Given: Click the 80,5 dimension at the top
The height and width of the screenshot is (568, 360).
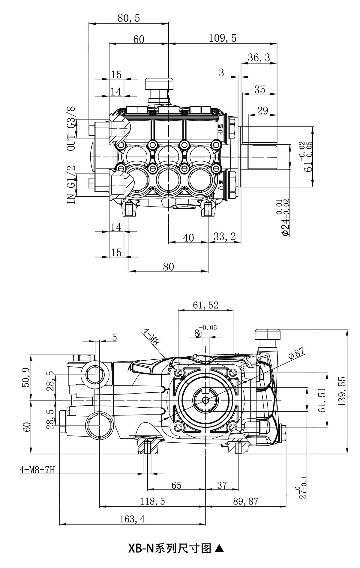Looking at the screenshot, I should point(129,19).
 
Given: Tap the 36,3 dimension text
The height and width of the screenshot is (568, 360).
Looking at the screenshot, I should point(259,58).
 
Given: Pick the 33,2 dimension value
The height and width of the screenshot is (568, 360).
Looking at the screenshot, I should point(225,237).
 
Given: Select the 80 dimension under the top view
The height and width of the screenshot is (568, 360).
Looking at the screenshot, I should point(169,266).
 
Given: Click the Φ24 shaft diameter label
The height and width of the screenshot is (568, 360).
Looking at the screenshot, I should point(285,218).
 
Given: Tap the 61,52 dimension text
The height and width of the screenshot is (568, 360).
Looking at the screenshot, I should point(205,305).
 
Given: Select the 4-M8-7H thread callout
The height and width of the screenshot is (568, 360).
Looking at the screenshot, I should point(37,470).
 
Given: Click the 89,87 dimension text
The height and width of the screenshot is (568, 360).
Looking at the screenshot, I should point(246,501).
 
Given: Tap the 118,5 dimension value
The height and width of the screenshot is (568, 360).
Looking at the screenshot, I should point(152,501).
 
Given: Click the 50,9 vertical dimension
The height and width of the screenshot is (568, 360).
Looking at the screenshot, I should point(26,377).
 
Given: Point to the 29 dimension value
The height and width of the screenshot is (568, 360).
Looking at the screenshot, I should point(262,111).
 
